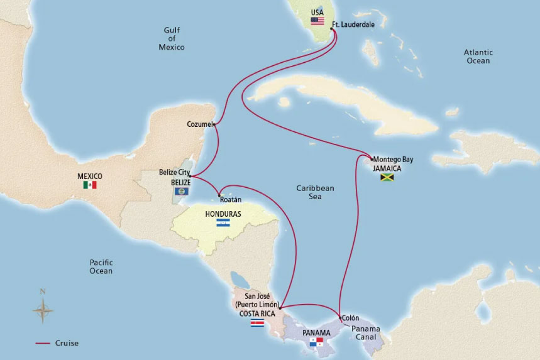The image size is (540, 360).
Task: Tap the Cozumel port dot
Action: [215, 124]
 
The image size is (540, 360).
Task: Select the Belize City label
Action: [174, 172]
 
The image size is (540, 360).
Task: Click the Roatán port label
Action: [231, 200]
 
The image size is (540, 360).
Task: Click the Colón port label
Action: [351, 318]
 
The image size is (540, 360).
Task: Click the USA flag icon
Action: [317, 21]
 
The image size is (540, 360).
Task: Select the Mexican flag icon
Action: [90, 185]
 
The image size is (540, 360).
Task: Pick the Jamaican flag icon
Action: [387, 178]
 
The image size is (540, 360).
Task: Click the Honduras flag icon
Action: [223, 223]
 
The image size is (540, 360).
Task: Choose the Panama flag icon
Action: [316, 342]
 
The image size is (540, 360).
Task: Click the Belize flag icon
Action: [181, 190]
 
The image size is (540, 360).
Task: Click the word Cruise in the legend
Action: [66, 343]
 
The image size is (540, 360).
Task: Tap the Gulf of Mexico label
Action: [172, 38]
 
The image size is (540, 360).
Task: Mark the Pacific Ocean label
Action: [101, 266]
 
